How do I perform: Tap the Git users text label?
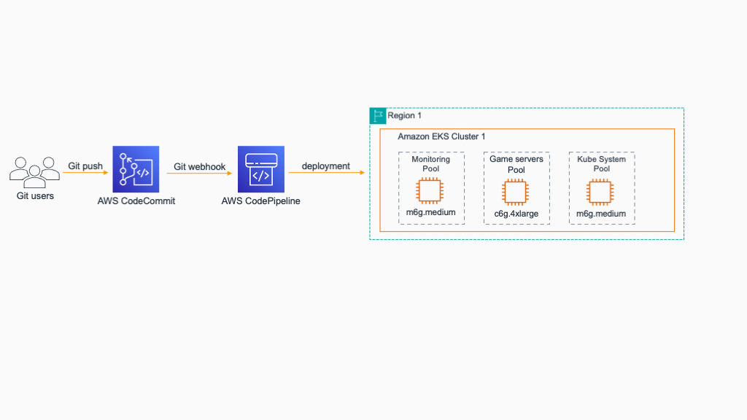coord(35,195)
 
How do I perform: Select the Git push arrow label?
coord(85,166)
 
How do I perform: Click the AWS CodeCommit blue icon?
coord(135,169)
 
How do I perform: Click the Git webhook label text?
coord(199,166)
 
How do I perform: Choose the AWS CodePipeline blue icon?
coord(260,169)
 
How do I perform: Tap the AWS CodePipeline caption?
coord(260,201)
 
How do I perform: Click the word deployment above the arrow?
coord(325,166)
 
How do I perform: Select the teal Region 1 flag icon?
coord(377,115)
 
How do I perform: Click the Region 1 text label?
coord(405,116)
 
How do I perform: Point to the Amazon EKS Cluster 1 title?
coord(441,136)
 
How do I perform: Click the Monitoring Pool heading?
coord(431,164)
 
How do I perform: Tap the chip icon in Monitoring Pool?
coord(430,192)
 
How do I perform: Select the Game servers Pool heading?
coord(516,164)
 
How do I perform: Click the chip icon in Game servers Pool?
coord(516,192)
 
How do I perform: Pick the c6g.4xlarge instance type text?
coord(516,214)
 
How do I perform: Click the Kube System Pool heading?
coord(601,164)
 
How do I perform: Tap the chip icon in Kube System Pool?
coord(601,192)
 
